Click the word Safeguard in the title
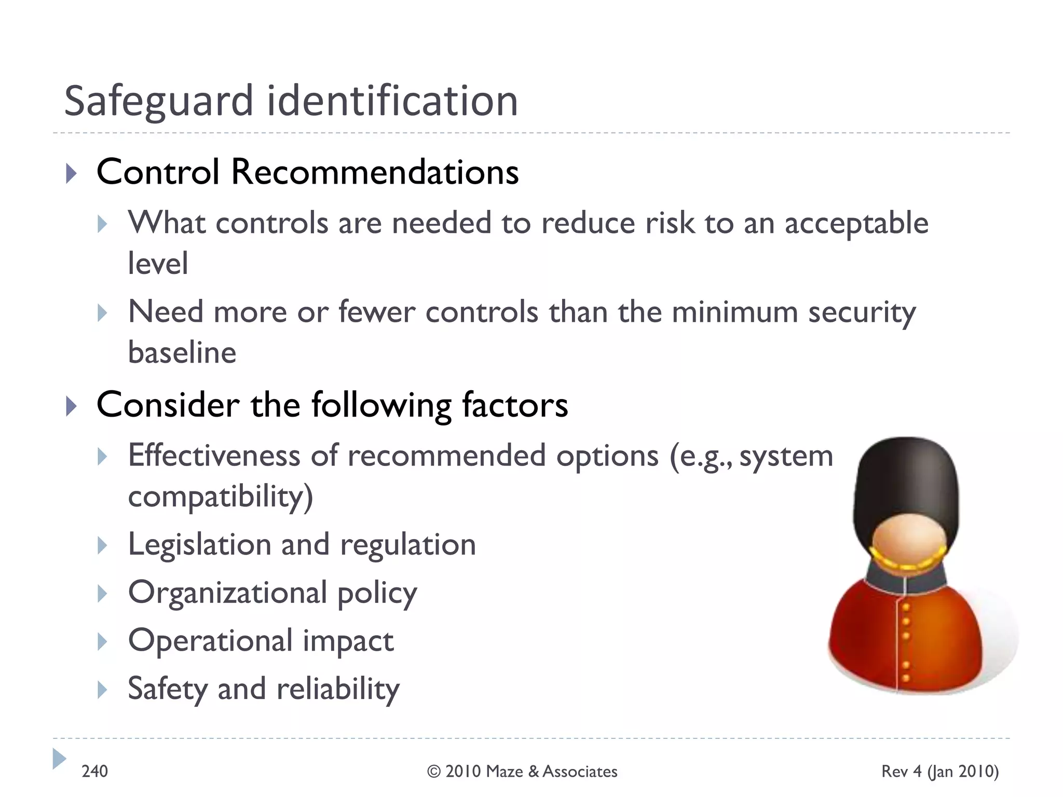(x=158, y=101)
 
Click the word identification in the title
(x=392, y=101)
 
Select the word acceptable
(x=856, y=224)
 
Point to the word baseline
(x=182, y=353)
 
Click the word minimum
(x=734, y=312)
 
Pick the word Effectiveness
(x=214, y=456)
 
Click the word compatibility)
(x=221, y=497)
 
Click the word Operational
(x=211, y=641)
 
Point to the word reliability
(x=338, y=690)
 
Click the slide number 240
(x=95, y=772)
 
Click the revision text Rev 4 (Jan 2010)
(x=940, y=772)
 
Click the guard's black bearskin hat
(x=906, y=477)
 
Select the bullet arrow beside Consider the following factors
(x=72, y=406)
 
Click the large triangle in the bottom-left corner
(x=59, y=759)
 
